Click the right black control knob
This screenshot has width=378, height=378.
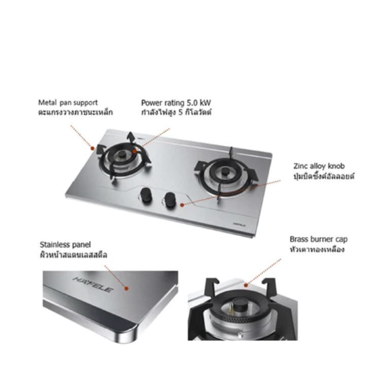coord(169,199)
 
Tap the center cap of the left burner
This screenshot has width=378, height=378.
coord(123,155)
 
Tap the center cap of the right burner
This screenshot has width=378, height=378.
coord(225,171)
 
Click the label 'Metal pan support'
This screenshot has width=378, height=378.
coord(68,102)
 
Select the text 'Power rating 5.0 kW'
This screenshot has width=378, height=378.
coord(176,103)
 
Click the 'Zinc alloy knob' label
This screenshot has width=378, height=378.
coord(319,166)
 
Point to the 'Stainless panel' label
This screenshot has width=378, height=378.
coord(65,245)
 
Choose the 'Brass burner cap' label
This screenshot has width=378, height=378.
coord(319,239)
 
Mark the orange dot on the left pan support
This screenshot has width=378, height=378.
coord(92,148)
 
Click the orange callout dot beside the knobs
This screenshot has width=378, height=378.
coord(182,205)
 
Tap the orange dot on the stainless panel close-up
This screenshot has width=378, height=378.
coord(126,288)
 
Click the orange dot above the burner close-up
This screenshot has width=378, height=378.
coord(246,285)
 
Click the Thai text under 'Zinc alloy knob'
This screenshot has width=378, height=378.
coord(324,176)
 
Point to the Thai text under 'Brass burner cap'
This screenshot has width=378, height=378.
coord(317,249)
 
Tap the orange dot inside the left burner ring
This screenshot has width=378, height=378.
coord(134,151)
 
